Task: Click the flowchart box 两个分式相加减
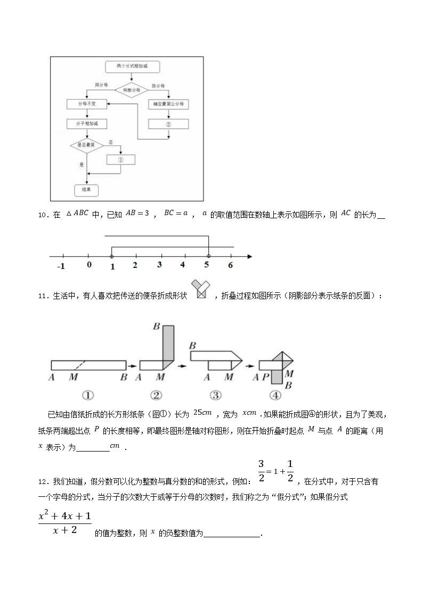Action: pos(131,67)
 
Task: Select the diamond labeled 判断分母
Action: pos(131,91)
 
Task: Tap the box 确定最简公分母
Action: pos(168,104)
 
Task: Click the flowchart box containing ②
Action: pos(168,124)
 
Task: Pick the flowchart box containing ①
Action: pos(120,159)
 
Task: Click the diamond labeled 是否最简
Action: pos(86,144)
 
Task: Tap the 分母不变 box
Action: pos(87,104)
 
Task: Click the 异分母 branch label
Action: pos(158,85)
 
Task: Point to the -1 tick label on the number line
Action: pos(61,266)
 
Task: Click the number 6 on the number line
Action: pos(230,265)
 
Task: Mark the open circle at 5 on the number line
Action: pos(208,256)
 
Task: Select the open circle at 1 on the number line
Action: pos(112,256)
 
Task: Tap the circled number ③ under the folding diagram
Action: pos(215,396)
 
